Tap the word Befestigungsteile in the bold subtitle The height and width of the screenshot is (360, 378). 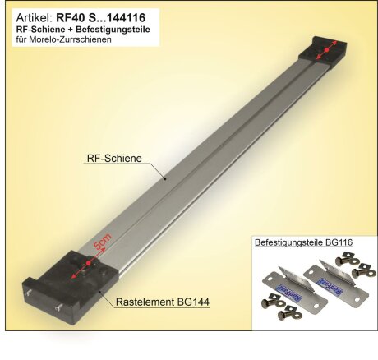[x=119, y=28]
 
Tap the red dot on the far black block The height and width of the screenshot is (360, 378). [x=325, y=51]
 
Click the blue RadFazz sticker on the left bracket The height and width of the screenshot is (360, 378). [x=283, y=291]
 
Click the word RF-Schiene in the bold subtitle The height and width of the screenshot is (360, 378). [x=41, y=28]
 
